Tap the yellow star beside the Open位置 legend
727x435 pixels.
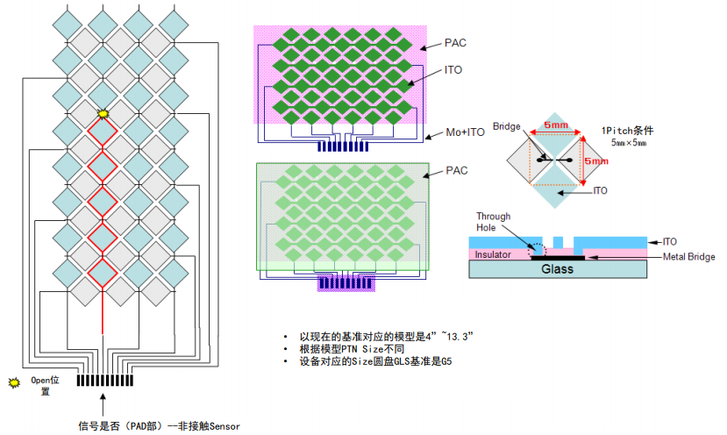13,383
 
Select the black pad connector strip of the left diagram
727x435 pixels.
105,381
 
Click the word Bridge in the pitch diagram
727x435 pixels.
508,126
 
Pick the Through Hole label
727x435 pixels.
490,222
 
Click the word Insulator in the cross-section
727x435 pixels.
493,254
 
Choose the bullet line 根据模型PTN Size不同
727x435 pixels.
355,349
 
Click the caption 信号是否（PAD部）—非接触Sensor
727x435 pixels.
159,425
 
